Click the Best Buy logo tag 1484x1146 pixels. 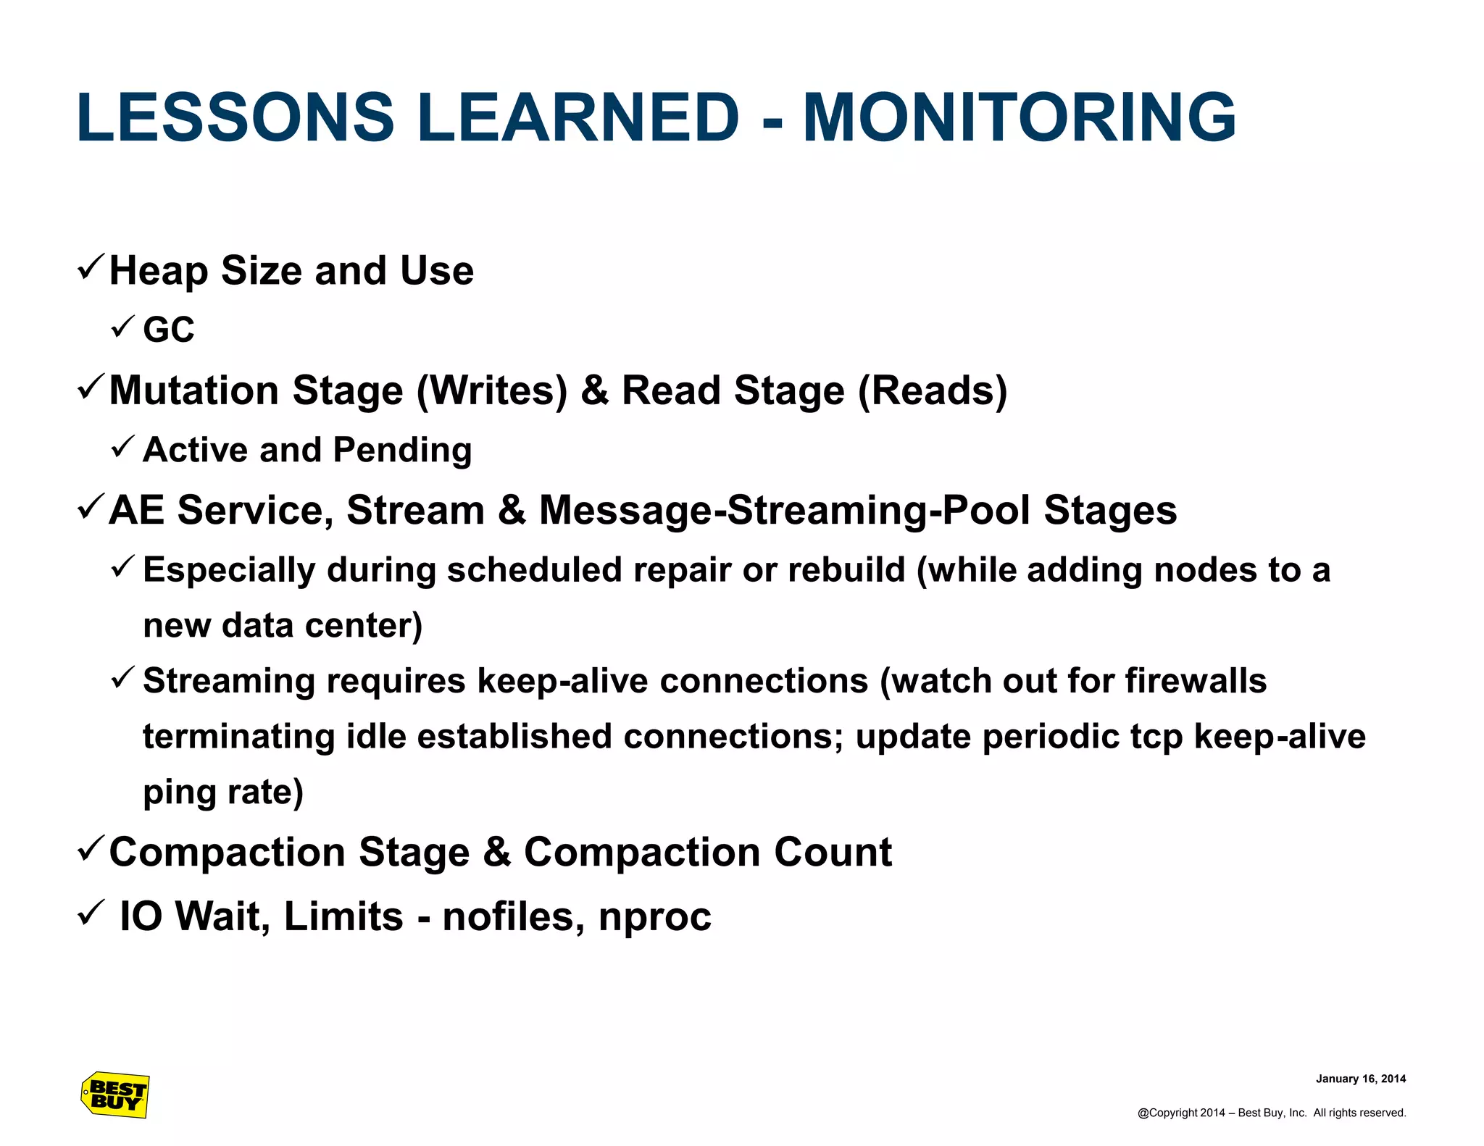115,1095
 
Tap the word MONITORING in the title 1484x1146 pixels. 1019,118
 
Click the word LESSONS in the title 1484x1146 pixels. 235,118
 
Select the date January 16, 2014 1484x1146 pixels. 1360,1079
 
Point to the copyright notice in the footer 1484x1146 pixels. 1271,1113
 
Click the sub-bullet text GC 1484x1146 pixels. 169,330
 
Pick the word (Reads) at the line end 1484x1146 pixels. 932,392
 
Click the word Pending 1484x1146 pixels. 402,451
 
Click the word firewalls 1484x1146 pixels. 1195,682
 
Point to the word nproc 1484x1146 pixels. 655,918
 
